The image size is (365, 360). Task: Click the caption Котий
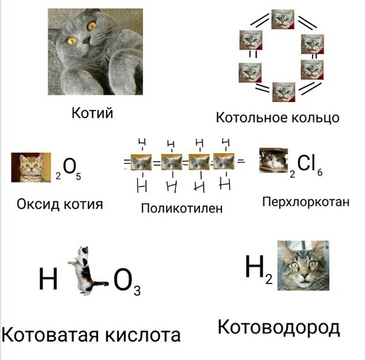[x=92, y=113]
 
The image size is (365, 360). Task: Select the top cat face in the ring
[x=283, y=19]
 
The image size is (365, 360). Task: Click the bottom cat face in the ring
[x=284, y=92]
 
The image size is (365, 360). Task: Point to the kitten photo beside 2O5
[x=31, y=167]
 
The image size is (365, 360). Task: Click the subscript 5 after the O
[x=78, y=177]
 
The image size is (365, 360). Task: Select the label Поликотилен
[x=181, y=208]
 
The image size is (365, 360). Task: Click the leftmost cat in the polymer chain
[x=141, y=162]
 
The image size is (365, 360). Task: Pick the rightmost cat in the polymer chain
[x=224, y=161]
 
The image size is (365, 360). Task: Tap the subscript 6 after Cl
[x=320, y=173]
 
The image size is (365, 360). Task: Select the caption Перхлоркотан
[x=306, y=202]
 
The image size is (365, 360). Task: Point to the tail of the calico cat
[x=100, y=283]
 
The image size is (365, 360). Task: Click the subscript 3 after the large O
[x=137, y=291]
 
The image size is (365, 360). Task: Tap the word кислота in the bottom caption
[x=143, y=335]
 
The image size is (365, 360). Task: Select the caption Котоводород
[x=279, y=327]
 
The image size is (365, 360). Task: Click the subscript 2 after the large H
[x=269, y=279]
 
